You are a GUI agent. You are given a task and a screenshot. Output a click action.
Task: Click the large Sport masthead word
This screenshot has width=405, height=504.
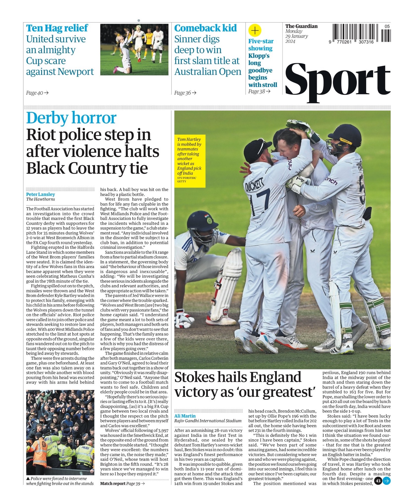pyautogui.click(x=338, y=81)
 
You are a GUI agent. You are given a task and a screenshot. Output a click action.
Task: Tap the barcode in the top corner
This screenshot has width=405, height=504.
pyautogui.click(x=361, y=33)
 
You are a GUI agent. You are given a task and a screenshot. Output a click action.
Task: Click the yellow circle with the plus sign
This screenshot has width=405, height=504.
pyautogui.click(x=255, y=30)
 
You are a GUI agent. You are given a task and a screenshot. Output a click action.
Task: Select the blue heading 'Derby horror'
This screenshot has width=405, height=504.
pyautogui.click(x=71, y=118)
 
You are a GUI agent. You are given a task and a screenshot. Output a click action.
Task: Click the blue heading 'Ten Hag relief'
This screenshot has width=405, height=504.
pyautogui.click(x=57, y=28)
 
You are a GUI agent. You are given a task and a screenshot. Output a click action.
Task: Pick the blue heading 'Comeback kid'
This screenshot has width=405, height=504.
pyautogui.click(x=205, y=28)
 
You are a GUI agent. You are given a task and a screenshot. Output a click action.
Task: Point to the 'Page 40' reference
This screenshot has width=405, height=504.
pyautogui.click(x=37, y=93)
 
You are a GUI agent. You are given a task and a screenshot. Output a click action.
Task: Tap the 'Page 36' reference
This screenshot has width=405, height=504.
pyautogui.click(x=185, y=93)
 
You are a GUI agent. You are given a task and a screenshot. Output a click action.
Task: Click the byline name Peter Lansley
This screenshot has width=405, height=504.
pyautogui.click(x=40, y=195)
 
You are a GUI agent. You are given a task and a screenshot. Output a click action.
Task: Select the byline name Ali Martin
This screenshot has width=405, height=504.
pyautogui.click(x=185, y=416)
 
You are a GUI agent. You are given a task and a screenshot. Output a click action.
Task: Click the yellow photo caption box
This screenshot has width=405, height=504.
pyautogui.click(x=190, y=160)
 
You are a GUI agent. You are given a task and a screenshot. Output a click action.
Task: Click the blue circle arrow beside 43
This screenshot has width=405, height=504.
pyautogui.click(x=386, y=481)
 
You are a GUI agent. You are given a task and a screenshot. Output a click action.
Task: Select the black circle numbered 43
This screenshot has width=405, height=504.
pyautogui.click(x=378, y=481)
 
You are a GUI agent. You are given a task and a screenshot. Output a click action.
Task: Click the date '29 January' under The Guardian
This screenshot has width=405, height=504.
pyautogui.click(x=296, y=36)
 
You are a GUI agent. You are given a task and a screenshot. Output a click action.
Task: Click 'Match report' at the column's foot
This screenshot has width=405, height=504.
pyautogui.click(x=113, y=483)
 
